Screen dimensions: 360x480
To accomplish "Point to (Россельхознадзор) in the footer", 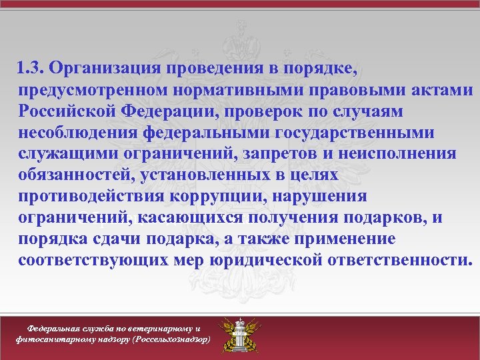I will pos(171,339).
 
